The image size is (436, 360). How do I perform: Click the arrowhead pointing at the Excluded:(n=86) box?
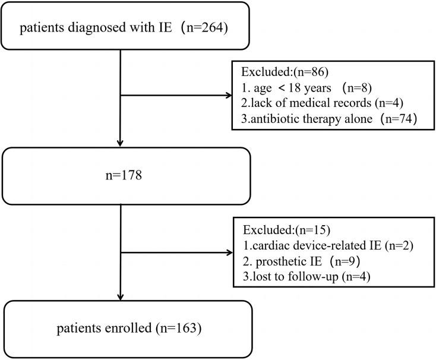pos(230,95)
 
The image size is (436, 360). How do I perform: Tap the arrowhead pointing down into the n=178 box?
pos(121,143)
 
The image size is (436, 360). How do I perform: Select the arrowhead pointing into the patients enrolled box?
pos(121,296)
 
